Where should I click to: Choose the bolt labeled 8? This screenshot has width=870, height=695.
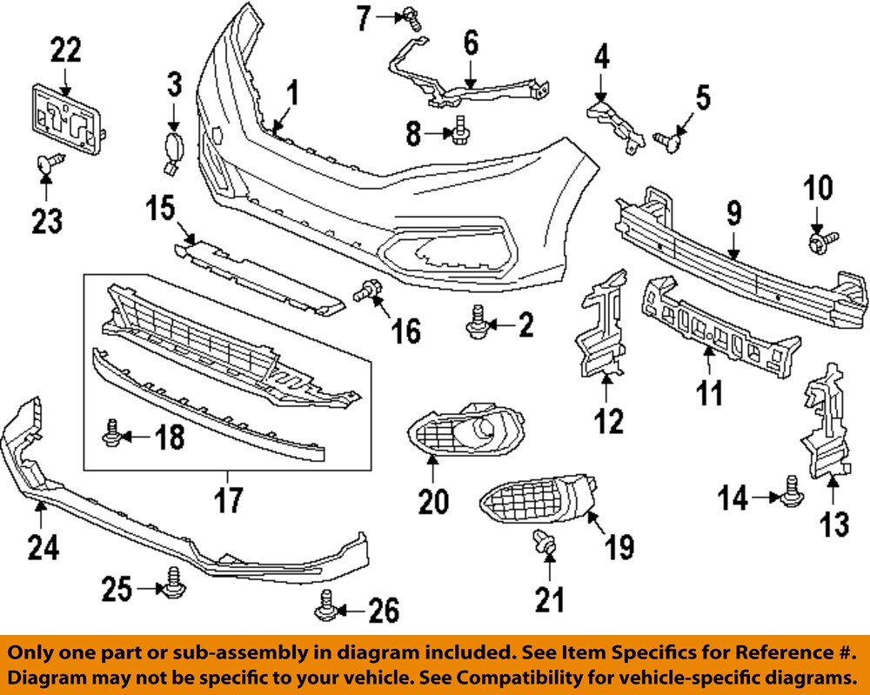[x=458, y=132]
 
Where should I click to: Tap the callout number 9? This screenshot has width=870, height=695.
[x=733, y=211]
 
